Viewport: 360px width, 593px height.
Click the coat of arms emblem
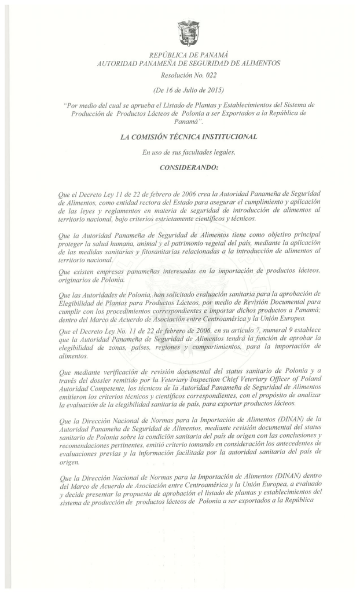[x=188, y=32]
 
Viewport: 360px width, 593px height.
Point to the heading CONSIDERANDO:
[x=188, y=167]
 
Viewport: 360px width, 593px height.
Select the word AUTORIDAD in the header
[x=117, y=63]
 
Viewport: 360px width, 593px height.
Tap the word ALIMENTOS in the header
[x=258, y=63]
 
